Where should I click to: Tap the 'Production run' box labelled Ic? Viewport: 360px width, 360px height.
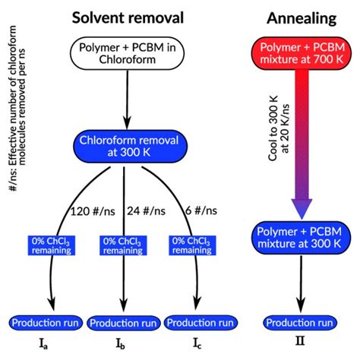[x=198, y=323]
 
